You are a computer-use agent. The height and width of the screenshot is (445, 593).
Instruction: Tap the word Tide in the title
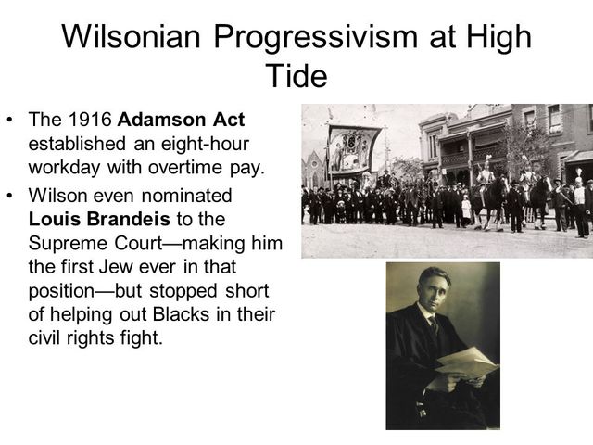296,75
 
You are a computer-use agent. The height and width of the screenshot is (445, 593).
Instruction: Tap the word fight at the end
141,337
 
